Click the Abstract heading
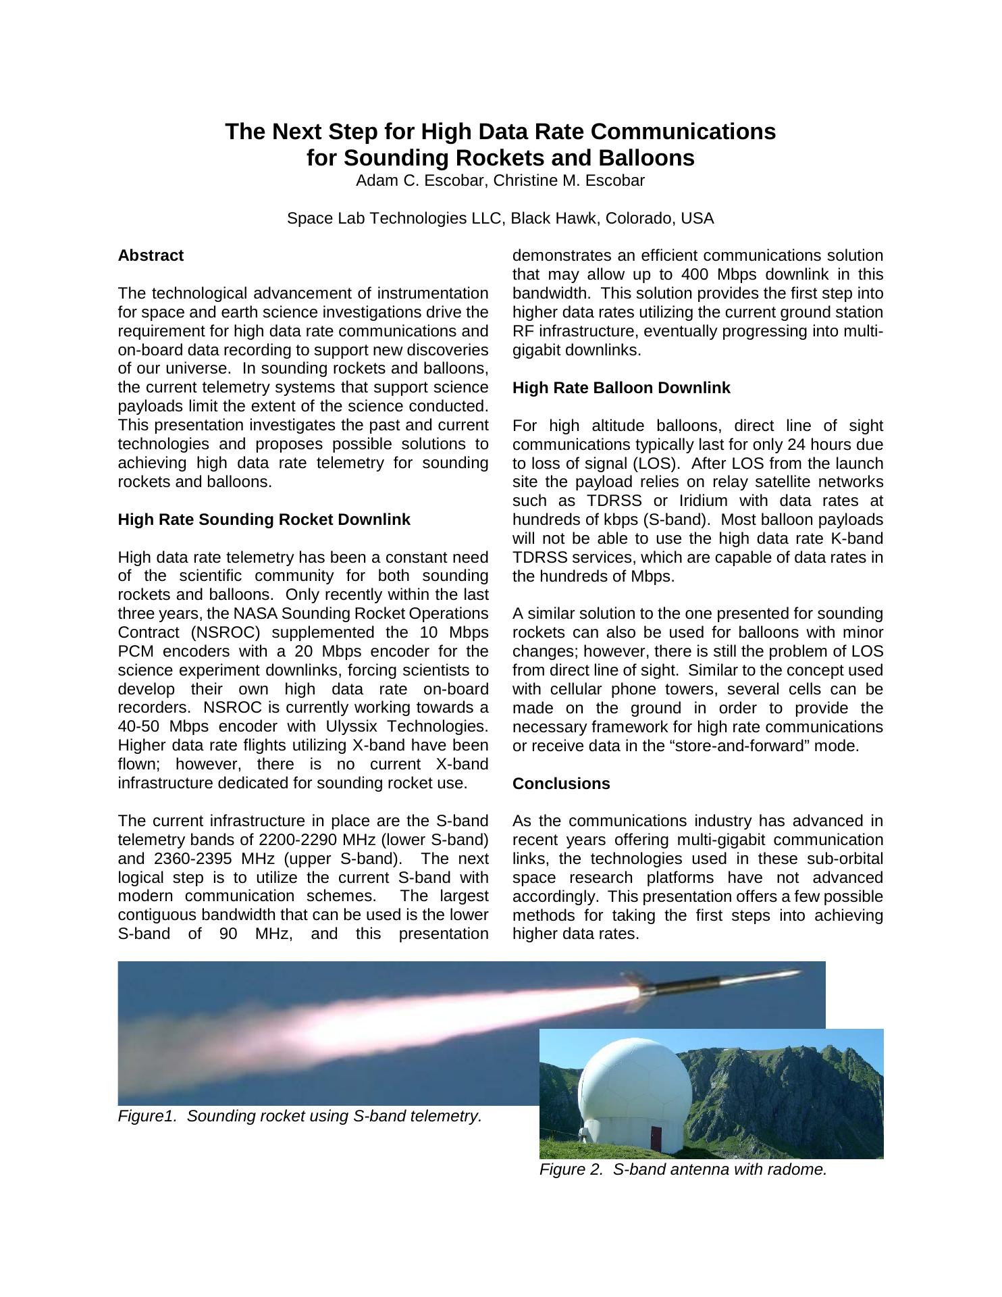pyautogui.click(x=151, y=256)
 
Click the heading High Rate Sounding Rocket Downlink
pyautogui.click(x=264, y=519)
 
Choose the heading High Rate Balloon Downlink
pyautogui.click(x=621, y=388)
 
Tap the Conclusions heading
pyautogui.click(x=561, y=784)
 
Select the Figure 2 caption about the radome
pyautogui.click(x=683, y=1170)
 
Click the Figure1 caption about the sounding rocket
pyautogui.click(x=300, y=1116)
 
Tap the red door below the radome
pyautogui.click(x=656, y=1138)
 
